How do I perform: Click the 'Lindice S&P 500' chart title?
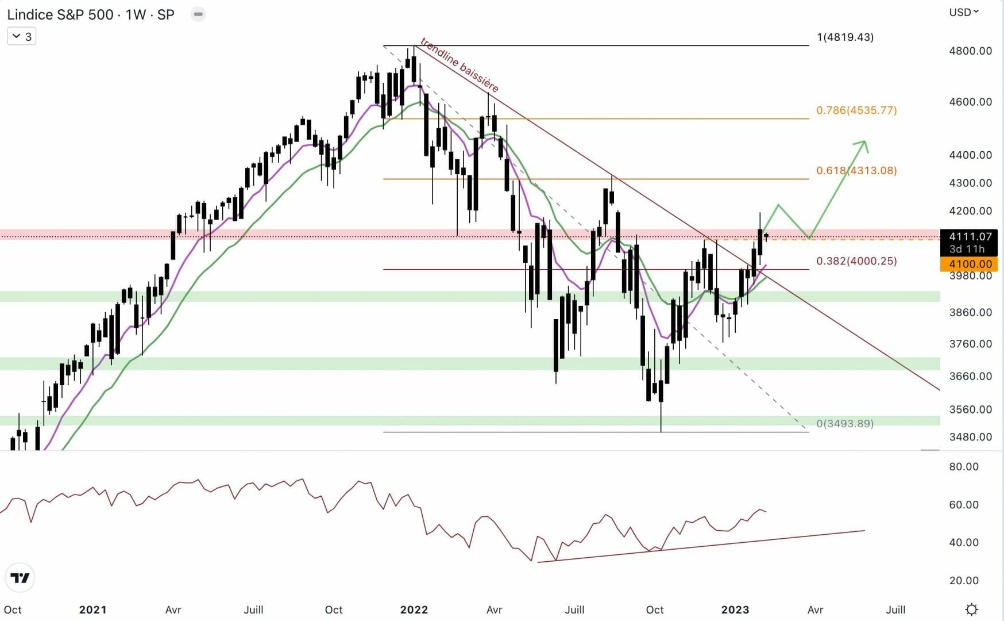click(x=60, y=14)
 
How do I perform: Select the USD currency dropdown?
click(x=963, y=12)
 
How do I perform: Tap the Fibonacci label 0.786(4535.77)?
click(x=856, y=110)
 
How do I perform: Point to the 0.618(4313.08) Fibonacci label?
click(x=856, y=170)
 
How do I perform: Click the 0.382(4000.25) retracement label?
click(x=856, y=260)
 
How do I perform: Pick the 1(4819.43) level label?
click(x=845, y=37)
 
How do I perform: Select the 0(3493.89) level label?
click(x=845, y=423)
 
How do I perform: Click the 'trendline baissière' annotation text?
click(x=459, y=64)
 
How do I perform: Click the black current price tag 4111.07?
click(x=970, y=236)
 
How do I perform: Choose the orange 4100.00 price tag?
click(x=970, y=264)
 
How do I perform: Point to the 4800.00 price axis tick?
click(x=970, y=51)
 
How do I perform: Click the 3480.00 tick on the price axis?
click(x=970, y=436)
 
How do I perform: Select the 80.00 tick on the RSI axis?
click(x=963, y=466)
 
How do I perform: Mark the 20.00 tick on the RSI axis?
click(x=963, y=580)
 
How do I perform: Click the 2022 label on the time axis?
click(x=414, y=609)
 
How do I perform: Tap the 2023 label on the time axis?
click(x=735, y=609)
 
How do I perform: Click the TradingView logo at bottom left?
click(x=20, y=578)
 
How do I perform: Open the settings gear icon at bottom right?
click(x=971, y=609)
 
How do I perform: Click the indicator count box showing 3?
click(x=22, y=36)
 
